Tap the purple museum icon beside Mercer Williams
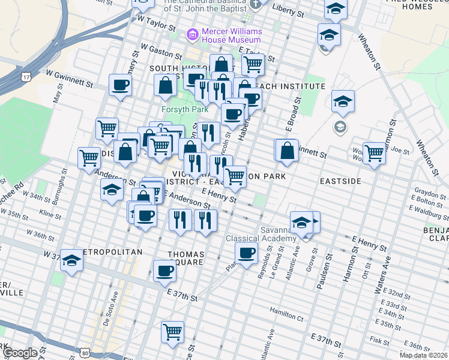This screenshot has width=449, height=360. [x=193, y=35]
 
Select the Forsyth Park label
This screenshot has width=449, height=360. [x=184, y=110]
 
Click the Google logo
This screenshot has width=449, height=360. [x=20, y=353]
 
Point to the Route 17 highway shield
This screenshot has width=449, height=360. [x=25, y=77]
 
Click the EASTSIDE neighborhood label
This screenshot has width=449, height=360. [x=340, y=181]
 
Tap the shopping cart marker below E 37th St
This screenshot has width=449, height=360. [x=173, y=331]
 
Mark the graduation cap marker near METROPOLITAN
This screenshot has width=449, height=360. [x=71, y=260]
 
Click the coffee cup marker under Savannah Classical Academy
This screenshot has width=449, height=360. [x=246, y=253]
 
